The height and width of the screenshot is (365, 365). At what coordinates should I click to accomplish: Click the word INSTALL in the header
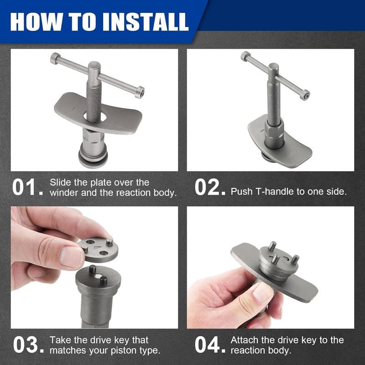pos(146,21)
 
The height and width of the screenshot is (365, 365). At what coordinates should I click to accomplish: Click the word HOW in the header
pos(36,21)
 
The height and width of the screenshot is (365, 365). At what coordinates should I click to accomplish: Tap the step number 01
pos(27,187)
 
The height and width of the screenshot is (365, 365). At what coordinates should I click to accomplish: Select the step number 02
pos(210,187)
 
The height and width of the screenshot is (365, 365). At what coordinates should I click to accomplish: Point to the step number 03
pos(28,344)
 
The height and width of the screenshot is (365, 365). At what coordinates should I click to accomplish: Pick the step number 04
pos(210,344)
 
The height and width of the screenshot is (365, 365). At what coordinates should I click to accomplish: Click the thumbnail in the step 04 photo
pos(263,292)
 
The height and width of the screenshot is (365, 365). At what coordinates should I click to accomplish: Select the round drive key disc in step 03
pos(98,250)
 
